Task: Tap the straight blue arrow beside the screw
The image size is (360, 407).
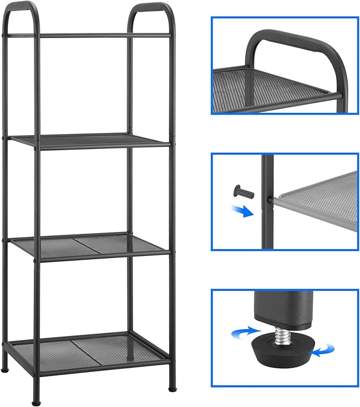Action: pos(244,211)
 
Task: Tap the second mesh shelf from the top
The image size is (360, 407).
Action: pos(90,140)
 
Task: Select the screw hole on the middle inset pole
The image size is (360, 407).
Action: pos(270,200)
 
